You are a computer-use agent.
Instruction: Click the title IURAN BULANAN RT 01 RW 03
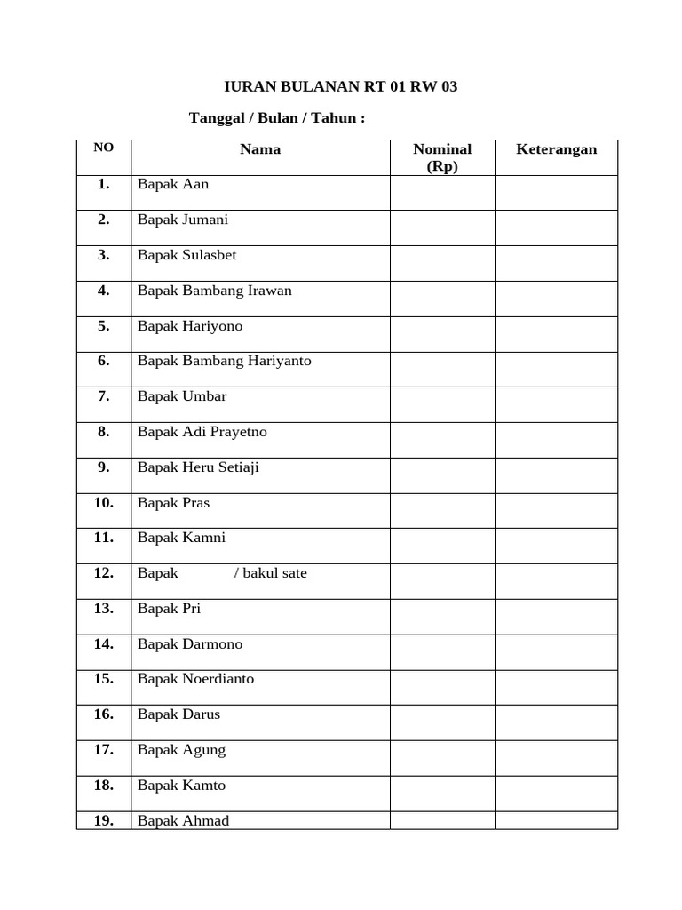click(340, 87)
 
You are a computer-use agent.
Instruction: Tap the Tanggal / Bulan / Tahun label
click(277, 118)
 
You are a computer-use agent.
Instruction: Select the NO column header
click(104, 148)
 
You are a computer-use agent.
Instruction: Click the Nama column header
click(260, 149)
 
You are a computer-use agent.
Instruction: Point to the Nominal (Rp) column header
click(442, 157)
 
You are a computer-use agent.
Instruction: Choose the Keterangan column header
click(556, 149)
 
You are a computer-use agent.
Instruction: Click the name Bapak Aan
click(173, 185)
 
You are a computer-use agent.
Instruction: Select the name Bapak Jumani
click(183, 220)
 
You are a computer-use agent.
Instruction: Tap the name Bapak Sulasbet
click(186, 255)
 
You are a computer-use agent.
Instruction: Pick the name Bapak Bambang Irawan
click(214, 291)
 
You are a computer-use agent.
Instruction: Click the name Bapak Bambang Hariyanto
click(224, 361)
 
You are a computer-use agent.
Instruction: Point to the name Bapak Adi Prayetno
click(202, 432)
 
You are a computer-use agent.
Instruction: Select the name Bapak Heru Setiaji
click(198, 467)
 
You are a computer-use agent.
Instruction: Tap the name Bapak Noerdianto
click(195, 679)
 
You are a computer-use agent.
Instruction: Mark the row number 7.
click(104, 396)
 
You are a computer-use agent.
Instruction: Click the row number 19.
click(104, 820)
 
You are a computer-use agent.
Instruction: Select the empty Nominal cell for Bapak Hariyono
click(442, 334)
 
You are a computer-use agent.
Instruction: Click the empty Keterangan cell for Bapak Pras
click(556, 511)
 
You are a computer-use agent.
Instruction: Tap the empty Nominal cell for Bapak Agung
click(442, 758)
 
